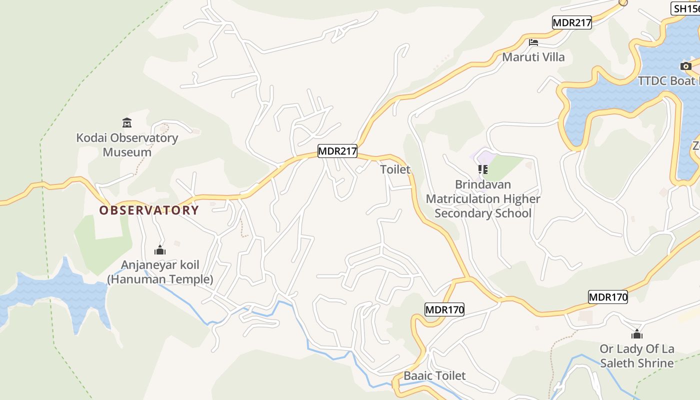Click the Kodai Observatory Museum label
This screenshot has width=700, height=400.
(127, 145)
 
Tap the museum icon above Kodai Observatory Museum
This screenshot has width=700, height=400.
(127, 122)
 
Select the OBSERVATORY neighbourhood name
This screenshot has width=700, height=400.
(149, 210)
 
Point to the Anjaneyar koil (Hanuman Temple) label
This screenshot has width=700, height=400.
(160, 272)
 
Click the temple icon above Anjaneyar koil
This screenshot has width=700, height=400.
(160, 249)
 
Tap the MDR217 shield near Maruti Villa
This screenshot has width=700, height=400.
(572, 22)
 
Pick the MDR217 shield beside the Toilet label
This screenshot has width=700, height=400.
(337, 151)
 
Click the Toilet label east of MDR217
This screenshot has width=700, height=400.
(395, 169)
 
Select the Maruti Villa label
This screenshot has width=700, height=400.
(533, 57)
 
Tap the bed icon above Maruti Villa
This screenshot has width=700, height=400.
(533, 42)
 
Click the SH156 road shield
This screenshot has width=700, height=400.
(685, 8)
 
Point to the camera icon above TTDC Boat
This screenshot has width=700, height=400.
(685, 66)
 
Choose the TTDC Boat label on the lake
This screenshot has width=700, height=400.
(668, 81)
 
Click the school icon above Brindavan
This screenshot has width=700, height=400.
(482, 170)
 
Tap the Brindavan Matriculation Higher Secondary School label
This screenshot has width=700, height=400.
(482, 199)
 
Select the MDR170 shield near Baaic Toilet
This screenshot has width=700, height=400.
(444, 309)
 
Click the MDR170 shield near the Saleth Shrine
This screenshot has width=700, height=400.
(607, 297)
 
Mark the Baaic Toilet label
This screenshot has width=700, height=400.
(434, 375)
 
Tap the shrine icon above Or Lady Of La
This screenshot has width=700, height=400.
(636, 334)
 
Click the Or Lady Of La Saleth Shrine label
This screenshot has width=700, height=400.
(636, 356)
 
